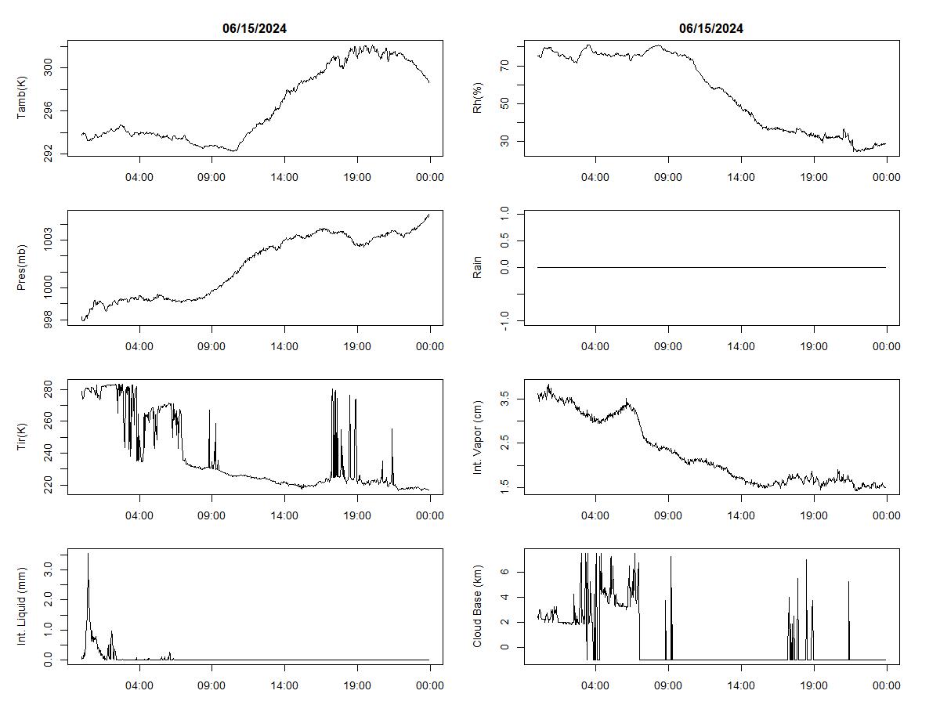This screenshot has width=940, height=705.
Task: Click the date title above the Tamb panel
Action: pyautogui.click(x=255, y=29)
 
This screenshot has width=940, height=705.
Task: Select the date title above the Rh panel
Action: pyautogui.click(x=711, y=29)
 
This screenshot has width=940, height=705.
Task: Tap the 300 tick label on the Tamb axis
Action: pyautogui.click(x=49, y=68)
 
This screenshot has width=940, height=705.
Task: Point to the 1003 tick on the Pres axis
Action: pyautogui.click(x=49, y=240)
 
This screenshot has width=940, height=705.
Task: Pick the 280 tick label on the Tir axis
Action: pyautogui.click(x=49, y=389)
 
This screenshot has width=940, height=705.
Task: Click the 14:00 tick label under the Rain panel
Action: pyautogui.click(x=741, y=346)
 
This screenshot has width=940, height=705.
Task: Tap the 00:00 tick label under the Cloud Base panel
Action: pyautogui.click(x=886, y=685)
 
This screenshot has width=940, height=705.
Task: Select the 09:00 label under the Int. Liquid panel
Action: pyautogui.click(x=211, y=685)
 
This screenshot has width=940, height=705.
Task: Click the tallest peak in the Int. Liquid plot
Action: pyautogui.click(x=88, y=554)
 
